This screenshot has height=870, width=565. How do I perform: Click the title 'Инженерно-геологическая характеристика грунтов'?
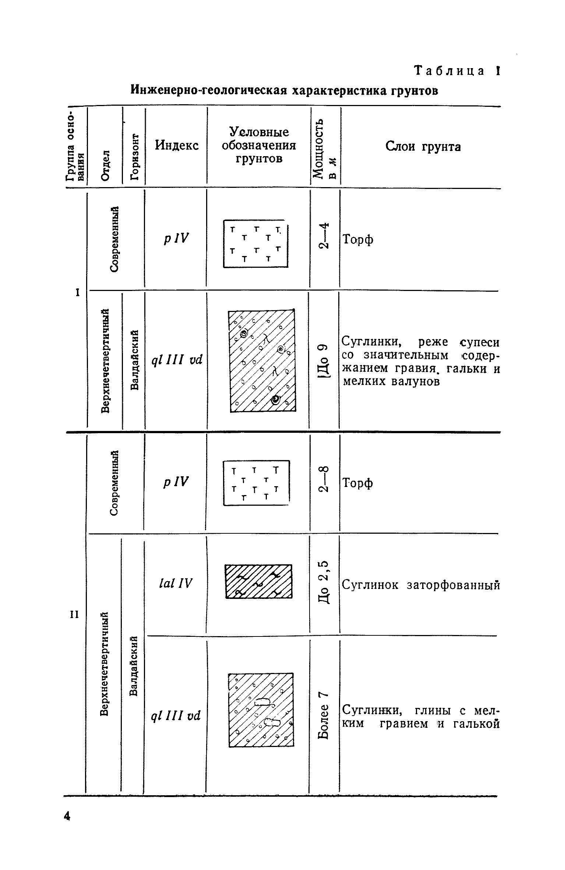coord(285,91)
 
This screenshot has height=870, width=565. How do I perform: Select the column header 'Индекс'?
coord(177,145)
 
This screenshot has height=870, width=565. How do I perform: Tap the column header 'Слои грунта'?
coord(423,147)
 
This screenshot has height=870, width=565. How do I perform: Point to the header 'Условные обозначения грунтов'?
coord(259,145)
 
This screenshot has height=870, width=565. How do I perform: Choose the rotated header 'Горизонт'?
coord(135,157)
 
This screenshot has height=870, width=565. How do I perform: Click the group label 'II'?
coord(75,614)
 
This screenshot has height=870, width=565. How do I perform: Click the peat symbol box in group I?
coord(256,243)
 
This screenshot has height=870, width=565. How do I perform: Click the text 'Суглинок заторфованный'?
coord(421,585)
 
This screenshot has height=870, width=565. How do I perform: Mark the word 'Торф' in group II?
coord(358,483)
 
